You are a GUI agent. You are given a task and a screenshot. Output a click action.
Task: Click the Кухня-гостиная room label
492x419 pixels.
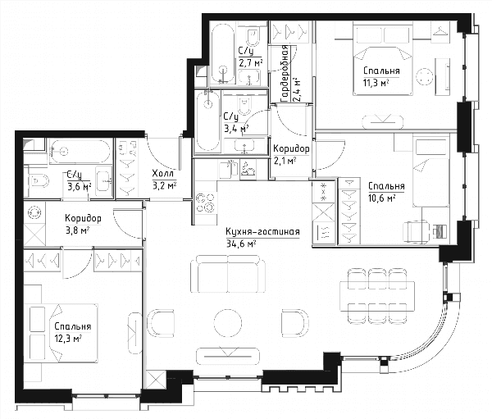click(262, 232)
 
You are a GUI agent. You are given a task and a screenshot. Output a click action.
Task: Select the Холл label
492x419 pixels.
click(162, 173)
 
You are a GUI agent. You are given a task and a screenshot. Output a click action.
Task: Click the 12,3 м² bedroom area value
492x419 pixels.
click(68, 339)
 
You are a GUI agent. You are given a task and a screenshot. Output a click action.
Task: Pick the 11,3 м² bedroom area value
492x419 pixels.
click(376, 83)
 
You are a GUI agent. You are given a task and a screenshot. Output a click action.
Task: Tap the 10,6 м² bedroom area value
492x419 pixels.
click(381, 198)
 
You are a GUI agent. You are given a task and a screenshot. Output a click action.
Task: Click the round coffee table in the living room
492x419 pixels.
click(228, 323)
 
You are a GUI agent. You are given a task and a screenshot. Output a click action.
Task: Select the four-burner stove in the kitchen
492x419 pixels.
click(206, 203)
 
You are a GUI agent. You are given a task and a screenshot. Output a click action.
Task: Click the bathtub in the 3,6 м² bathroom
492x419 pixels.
click(80, 151)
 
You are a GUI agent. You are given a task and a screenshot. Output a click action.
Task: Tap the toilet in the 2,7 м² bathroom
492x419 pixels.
click(253, 37)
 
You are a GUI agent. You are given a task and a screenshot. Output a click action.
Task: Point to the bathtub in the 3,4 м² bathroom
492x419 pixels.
click(207, 121)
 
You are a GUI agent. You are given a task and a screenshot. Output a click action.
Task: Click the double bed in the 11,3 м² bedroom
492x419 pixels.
click(382, 58)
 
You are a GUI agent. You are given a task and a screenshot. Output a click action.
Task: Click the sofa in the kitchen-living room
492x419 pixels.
click(228, 274)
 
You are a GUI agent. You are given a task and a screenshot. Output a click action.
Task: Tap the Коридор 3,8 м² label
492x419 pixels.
click(83, 225)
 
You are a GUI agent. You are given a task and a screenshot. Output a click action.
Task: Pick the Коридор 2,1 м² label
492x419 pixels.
click(291, 154)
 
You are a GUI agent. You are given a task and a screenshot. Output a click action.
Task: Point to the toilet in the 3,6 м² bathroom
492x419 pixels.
click(39, 181)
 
